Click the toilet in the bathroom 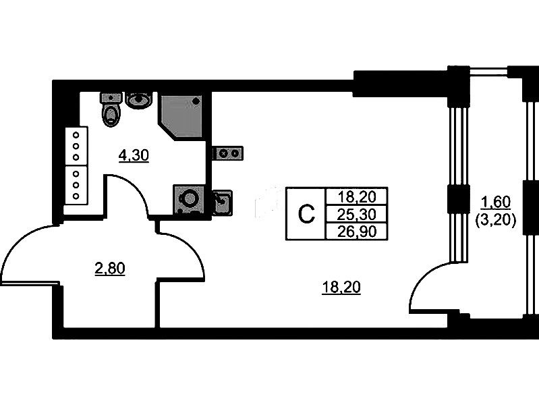[111, 111]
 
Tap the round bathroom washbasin [139, 101]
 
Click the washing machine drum [190, 200]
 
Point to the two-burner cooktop [228, 153]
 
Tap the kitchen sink [223, 202]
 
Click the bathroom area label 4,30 [133, 155]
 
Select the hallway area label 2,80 [110, 269]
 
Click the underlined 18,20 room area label [341, 288]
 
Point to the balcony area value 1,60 [496, 200]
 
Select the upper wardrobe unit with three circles [76, 145]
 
